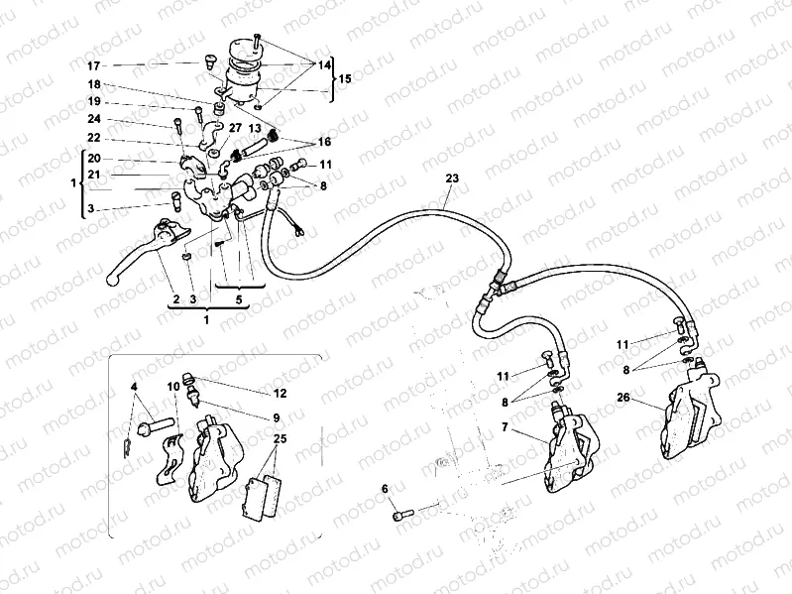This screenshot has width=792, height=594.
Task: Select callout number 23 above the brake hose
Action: (453, 178)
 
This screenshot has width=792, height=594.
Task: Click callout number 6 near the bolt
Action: (385, 489)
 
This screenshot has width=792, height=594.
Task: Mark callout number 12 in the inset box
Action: (280, 392)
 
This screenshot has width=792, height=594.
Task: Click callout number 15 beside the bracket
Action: (345, 78)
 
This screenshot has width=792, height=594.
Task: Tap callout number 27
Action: (234, 128)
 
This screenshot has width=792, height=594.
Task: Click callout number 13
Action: (255, 128)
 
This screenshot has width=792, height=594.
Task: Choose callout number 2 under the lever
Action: (175, 298)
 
